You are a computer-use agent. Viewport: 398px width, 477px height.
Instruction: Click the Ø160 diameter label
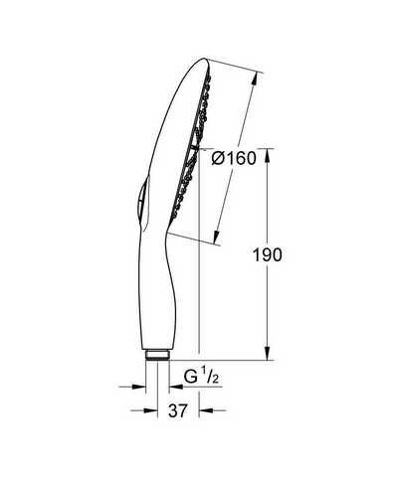pyautogui.click(x=234, y=158)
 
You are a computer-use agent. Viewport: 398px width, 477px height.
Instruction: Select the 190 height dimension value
pyautogui.click(x=267, y=255)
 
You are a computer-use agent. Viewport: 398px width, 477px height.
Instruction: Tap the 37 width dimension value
pyautogui.click(x=178, y=410)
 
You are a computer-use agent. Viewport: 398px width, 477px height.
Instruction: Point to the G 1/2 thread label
pyautogui.click(x=201, y=377)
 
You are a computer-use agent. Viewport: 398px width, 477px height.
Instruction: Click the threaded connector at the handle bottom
pyautogui.click(x=157, y=355)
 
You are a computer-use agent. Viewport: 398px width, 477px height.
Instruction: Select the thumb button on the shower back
pyautogui.click(x=142, y=198)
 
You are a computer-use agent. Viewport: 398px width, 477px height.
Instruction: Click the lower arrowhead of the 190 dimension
pyautogui.click(x=268, y=353)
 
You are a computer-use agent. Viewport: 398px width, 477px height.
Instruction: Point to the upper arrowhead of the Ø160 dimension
pyautogui.click(x=254, y=80)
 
